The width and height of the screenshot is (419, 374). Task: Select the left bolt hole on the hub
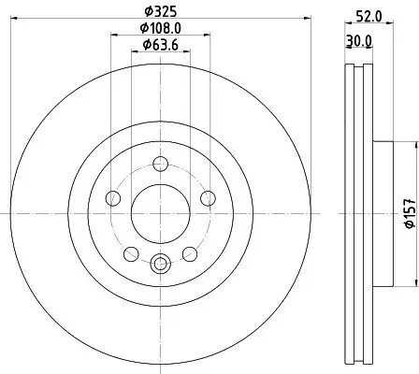(114, 197)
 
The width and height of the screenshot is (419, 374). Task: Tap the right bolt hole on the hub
(205, 197)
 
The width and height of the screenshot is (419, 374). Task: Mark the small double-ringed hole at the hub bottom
(159, 264)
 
